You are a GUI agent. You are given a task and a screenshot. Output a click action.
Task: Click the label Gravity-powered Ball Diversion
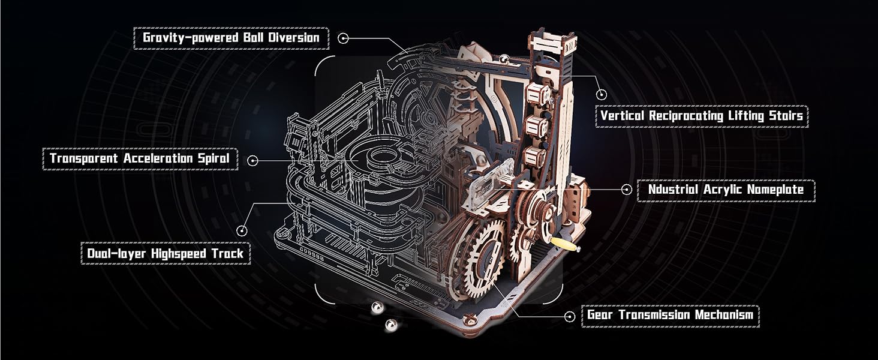click(x=231, y=38)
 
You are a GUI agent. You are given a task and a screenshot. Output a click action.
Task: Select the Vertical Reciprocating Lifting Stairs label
click(x=702, y=116)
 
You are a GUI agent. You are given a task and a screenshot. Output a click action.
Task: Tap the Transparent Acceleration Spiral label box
click(x=140, y=159)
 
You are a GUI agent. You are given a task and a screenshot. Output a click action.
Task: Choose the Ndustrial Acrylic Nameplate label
click(x=725, y=190)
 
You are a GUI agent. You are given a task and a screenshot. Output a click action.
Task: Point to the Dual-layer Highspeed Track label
click(x=165, y=253)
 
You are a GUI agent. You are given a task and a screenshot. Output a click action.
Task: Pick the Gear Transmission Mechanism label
click(x=670, y=315)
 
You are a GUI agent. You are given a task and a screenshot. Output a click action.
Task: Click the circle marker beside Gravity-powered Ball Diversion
click(x=343, y=38)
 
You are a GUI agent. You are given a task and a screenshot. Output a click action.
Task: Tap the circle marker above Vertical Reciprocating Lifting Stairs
click(x=602, y=94)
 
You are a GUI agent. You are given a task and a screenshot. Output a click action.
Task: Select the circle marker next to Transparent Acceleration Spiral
click(x=252, y=160)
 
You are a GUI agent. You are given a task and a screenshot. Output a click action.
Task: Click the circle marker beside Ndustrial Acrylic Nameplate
click(x=627, y=190)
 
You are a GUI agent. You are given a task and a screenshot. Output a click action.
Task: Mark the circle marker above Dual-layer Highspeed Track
click(x=242, y=230)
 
